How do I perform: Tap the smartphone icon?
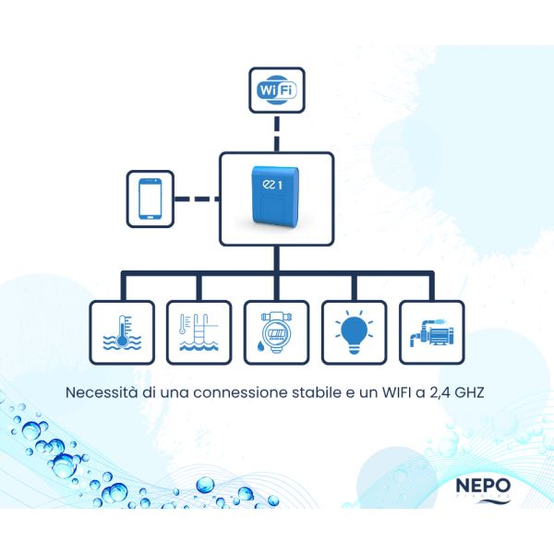[x=150, y=198]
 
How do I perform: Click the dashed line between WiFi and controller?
[x=277, y=133]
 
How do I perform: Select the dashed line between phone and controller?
[x=196, y=198]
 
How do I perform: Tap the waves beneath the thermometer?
[x=120, y=346]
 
